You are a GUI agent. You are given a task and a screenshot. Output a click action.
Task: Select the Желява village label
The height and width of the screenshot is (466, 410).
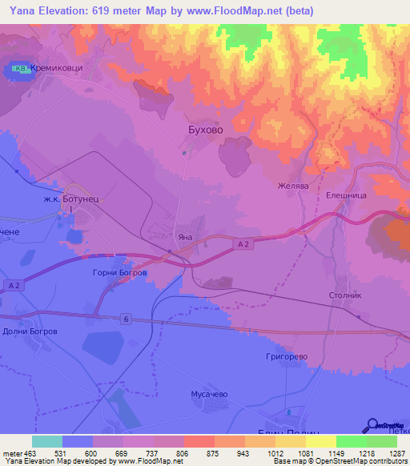pos(293,186)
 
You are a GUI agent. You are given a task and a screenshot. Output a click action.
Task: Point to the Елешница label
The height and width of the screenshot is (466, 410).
pos(345,193)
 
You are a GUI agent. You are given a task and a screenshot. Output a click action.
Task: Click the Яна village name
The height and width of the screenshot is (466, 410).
pos(185,238)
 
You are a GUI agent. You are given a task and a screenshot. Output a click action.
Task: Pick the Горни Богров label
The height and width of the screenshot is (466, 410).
pos(120,272)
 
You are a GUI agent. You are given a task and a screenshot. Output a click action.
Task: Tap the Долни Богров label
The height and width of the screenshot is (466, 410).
pos(30,331)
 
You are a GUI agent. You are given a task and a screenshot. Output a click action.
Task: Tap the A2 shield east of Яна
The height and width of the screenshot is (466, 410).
pos(245,244)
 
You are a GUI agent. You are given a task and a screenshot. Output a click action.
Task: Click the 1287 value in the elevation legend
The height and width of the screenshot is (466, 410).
pos(397,452)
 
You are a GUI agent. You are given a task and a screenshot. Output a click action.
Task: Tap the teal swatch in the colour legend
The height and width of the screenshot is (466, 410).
pos(46,441)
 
